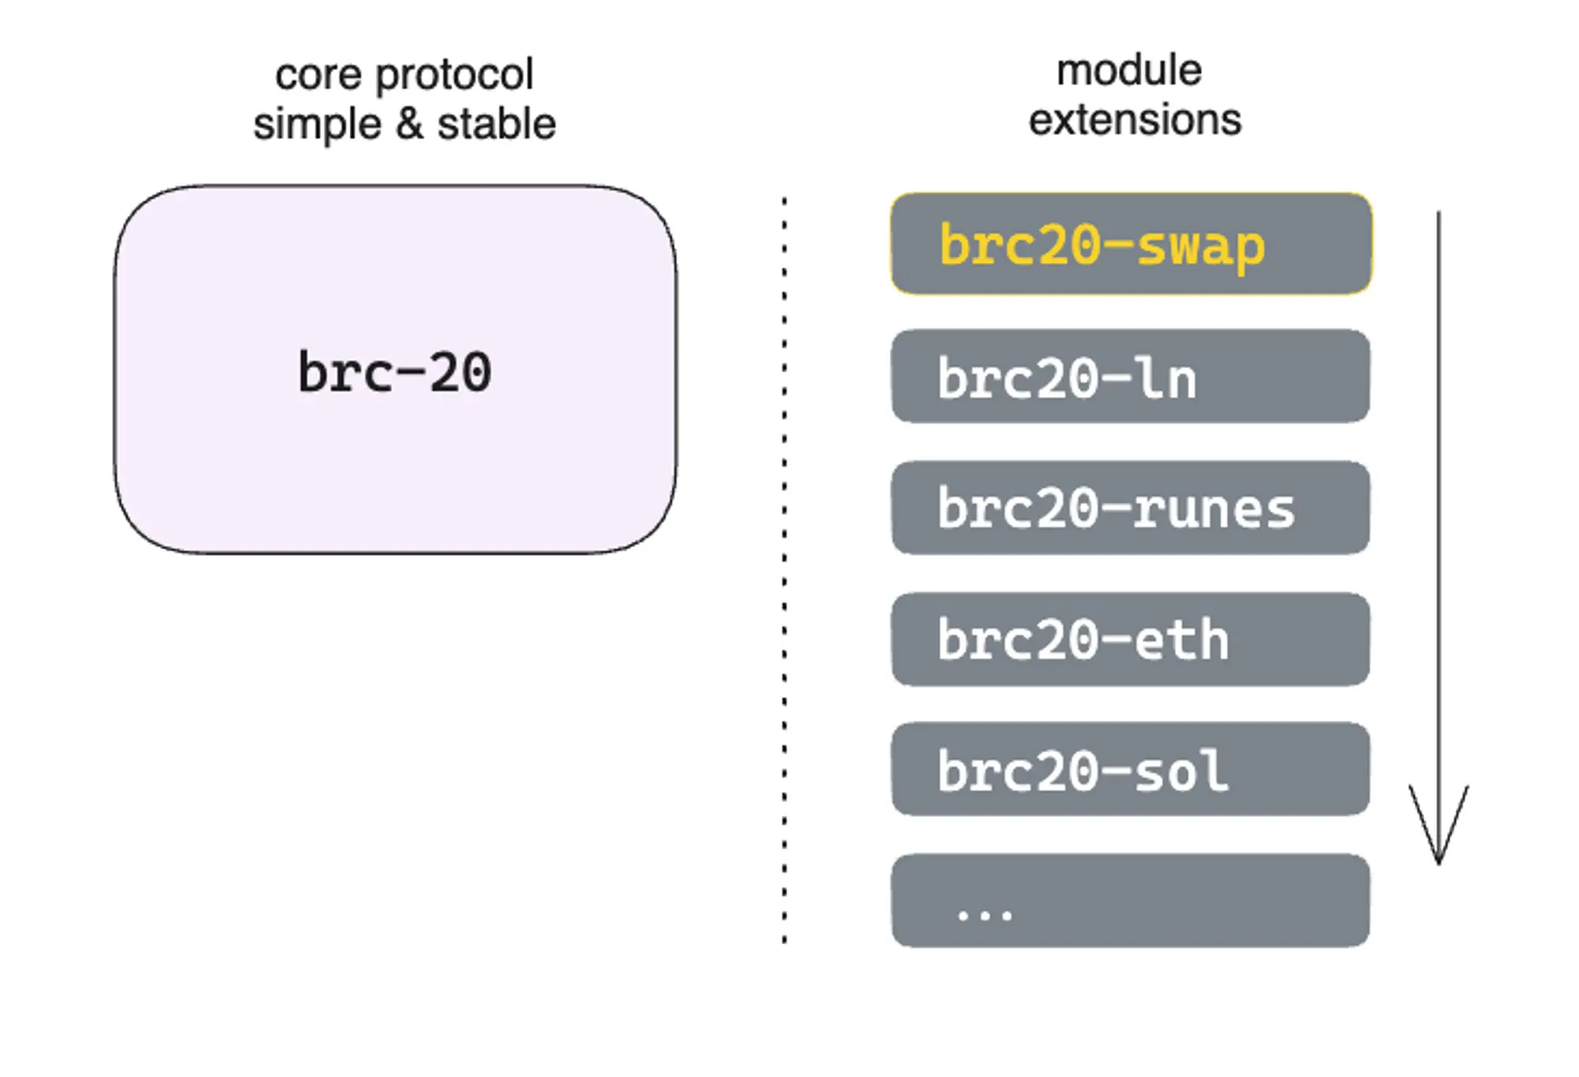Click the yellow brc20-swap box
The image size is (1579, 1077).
[1131, 244]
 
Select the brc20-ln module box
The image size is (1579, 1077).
[1131, 376]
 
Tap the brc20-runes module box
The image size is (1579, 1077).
[1131, 508]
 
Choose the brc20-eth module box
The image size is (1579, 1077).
[1131, 640]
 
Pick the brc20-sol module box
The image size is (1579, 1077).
[1131, 769]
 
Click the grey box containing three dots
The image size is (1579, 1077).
[1131, 900]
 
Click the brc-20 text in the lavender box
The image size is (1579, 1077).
[395, 372]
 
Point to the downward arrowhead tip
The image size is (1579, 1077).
[1438, 862]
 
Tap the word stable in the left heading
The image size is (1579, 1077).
[497, 125]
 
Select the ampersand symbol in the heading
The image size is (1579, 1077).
[409, 125]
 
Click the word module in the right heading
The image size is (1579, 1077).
[1129, 70]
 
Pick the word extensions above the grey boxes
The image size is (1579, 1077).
[1135, 120]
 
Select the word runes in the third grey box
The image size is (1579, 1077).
[1213, 509]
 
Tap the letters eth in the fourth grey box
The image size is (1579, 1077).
[1181, 640]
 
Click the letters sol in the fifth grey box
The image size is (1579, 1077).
[1181, 771]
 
